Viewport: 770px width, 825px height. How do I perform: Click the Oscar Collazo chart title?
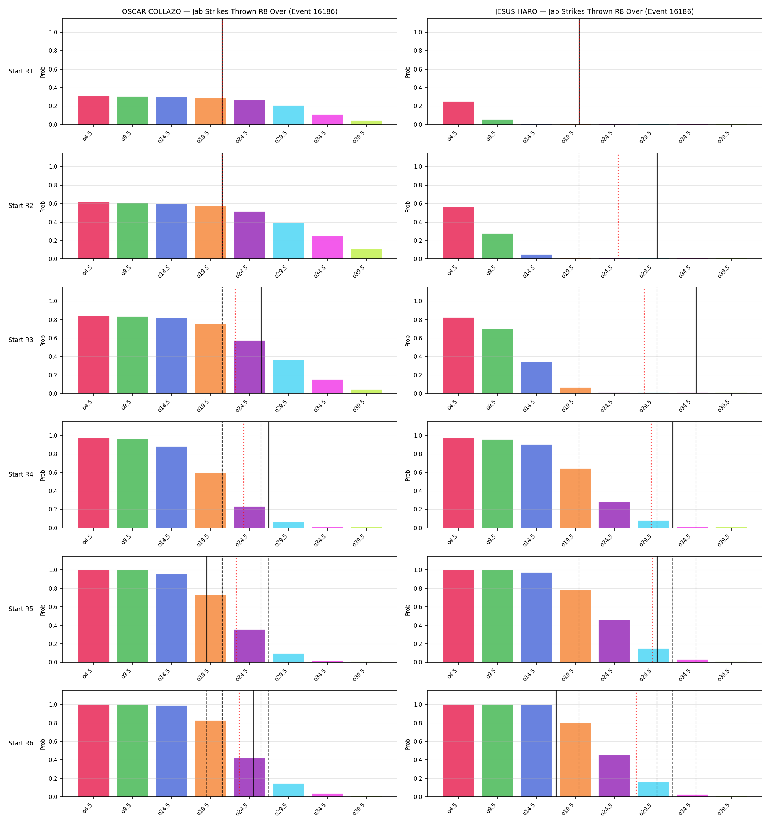(230, 12)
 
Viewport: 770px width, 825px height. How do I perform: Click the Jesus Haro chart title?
(594, 12)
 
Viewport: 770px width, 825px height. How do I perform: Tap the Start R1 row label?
(21, 71)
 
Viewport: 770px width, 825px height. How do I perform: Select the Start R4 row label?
(21, 474)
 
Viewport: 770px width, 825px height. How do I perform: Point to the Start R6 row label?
(21, 743)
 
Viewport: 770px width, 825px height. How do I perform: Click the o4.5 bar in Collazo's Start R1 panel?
(94, 110)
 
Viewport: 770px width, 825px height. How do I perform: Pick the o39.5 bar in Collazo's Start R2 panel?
(366, 254)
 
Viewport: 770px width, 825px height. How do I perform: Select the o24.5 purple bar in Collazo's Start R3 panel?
(249, 367)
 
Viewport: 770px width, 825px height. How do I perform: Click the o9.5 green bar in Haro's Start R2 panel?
(497, 246)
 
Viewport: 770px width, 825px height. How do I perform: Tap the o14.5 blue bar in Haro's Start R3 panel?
(536, 378)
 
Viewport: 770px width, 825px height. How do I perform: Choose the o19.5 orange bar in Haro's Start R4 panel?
(575, 498)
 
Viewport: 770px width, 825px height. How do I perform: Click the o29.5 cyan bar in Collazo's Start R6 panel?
(289, 790)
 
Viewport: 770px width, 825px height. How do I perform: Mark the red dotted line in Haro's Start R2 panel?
(618, 206)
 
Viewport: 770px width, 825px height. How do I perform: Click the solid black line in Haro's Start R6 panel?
(556, 744)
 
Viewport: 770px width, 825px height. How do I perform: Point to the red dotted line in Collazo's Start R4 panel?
(244, 475)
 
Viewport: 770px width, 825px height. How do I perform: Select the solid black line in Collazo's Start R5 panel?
(207, 609)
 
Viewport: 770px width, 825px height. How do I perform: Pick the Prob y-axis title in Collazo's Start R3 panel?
(43, 341)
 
